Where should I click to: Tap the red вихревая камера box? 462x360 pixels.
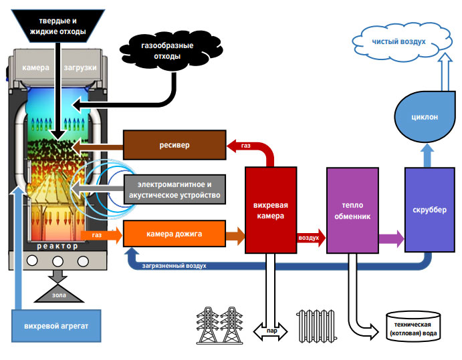tap(270, 210)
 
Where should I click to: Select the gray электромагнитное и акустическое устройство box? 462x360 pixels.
tap(174, 189)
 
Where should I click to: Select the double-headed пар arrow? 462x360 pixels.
tap(270, 330)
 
